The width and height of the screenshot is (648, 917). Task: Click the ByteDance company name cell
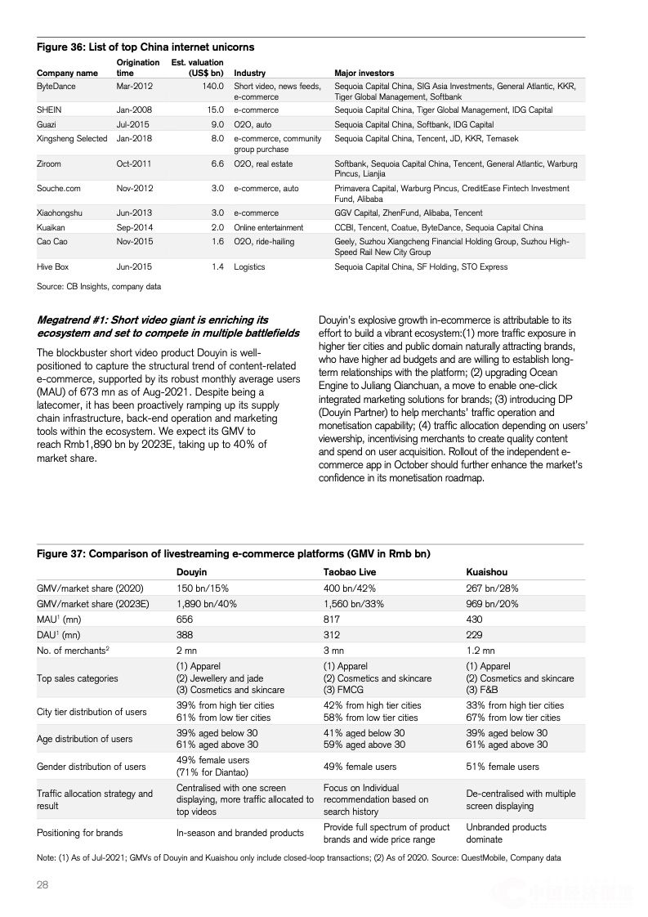click(56, 86)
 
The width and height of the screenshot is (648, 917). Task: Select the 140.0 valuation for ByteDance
click(212, 86)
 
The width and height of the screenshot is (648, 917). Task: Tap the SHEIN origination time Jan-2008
click(134, 110)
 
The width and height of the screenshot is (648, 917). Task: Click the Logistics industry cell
click(249, 266)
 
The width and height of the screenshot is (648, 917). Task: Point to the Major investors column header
click(364, 73)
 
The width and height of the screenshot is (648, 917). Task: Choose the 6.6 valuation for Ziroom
click(217, 163)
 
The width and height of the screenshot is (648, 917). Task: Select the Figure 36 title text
click(145, 47)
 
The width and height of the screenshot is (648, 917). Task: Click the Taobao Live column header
click(350, 572)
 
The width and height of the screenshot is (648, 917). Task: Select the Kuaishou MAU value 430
click(474, 619)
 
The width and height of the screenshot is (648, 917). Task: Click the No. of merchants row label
click(73, 650)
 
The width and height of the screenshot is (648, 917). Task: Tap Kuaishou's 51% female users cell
click(503, 767)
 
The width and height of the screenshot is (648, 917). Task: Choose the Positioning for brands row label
click(79, 833)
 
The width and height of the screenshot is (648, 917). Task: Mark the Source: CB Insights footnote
click(99, 287)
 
